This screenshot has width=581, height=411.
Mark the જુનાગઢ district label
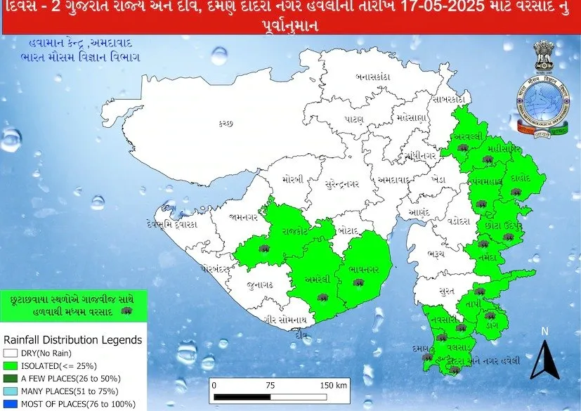(x=260, y=286)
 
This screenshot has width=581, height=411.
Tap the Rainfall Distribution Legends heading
(x=72, y=340)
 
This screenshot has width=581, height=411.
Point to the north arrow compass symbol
(x=542, y=354)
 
